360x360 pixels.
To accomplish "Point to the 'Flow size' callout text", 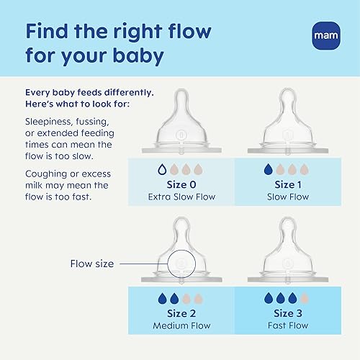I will coord(93,264).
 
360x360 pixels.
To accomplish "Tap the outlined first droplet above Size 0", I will coord(162,171).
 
